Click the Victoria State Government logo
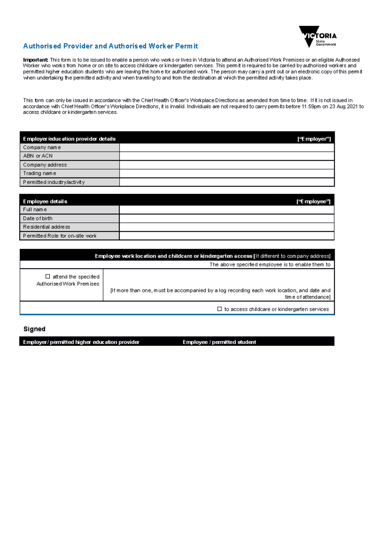pos(318,36)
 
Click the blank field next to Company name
pos(226,148)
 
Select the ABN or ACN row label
pos(38,156)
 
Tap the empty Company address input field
pos(226,165)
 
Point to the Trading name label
pos(39,173)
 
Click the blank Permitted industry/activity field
pos(226,182)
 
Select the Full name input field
pos(226,210)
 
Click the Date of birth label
pos(38,218)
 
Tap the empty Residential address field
pos(226,227)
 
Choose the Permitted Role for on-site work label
pos(59,236)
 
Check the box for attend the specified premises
pos(48,277)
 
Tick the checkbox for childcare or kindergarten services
pos(220,309)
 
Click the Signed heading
pos(34,329)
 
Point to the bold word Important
pos(36,60)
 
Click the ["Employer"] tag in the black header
pos(314,139)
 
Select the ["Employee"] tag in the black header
pos(313,201)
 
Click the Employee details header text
pos(45,201)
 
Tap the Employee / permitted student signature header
pos(219,342)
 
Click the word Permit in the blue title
pos(187,46)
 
